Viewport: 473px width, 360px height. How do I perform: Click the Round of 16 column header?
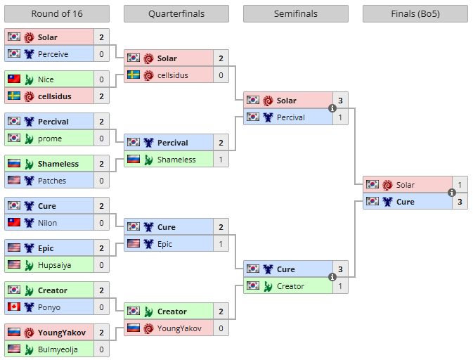[x=57, y=13]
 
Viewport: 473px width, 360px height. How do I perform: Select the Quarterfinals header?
[x=176, y=13]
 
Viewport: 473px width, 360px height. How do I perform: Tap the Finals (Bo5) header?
[x=415, y=13]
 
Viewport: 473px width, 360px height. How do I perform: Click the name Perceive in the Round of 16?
[x=53, y=54]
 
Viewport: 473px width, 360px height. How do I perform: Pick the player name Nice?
[x=46, y=79]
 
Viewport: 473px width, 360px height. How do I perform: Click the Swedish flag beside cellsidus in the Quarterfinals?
[x=134, y=75]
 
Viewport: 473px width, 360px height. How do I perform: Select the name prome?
[x=50, y=139]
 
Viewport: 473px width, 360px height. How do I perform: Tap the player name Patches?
[x=52, y=181]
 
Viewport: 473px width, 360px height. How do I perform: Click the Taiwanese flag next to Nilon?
[x=14, y=223]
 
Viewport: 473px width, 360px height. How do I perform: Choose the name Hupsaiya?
[x=55, y=265]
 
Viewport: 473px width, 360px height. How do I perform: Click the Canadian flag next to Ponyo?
[x=14, y=307]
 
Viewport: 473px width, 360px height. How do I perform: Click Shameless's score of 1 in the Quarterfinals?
[x=221, y=160]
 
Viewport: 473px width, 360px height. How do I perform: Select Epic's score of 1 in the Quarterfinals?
[x=221, y=244]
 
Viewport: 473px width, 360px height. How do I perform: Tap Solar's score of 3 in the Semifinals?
[x=340, y=101]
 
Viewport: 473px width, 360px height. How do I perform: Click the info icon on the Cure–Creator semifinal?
[x=332, y=278]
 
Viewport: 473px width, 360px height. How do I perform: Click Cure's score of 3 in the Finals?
[x=460, y=202]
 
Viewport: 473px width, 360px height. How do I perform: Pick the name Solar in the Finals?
[x=406, y=185]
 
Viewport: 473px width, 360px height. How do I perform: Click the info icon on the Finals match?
[x=452, y=193]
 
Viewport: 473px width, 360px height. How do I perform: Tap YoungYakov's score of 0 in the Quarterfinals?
[x=221, y=328]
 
